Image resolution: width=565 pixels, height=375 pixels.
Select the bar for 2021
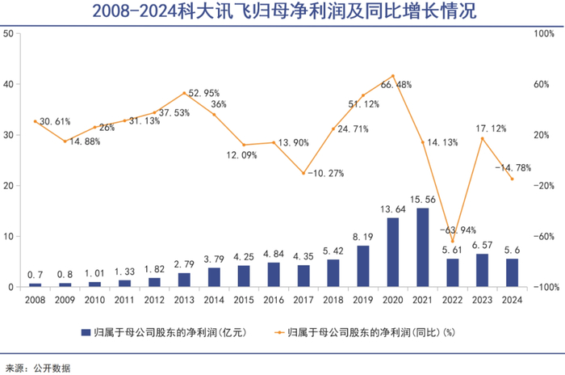pos(422,247)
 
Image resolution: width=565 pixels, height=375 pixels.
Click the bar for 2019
pos(363,266)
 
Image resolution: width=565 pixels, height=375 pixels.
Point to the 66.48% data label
pos(397,85)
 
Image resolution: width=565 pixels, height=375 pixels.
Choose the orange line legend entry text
pos(383,332)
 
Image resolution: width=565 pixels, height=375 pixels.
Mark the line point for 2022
pos(453,241)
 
